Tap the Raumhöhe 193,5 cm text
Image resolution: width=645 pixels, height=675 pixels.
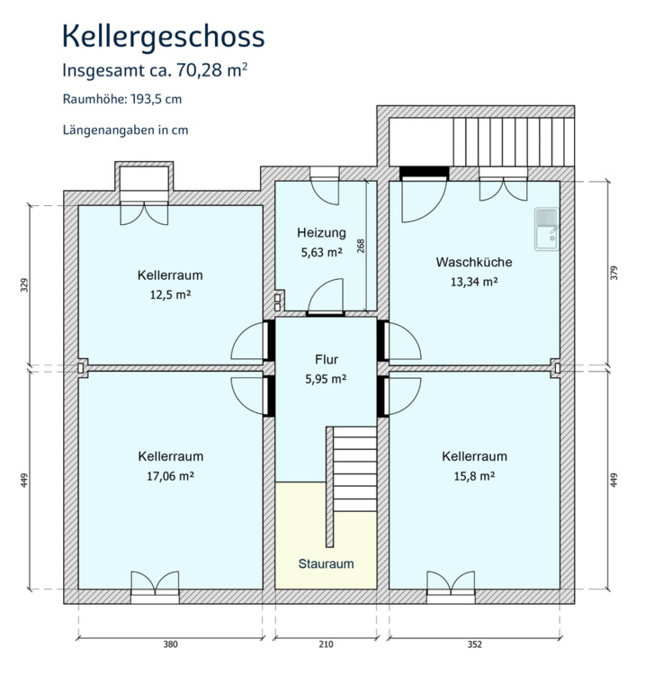coord(122,99)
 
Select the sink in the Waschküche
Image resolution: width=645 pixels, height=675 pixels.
coord(546,229)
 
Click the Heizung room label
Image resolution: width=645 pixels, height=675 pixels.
coord(321,233)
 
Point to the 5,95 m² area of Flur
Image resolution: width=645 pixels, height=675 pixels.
coord(327,379)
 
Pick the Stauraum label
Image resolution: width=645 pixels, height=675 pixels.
coord(327,563)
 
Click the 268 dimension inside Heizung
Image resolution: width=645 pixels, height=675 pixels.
coord(361,246)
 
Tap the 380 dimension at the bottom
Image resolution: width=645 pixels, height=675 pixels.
coord(170,644)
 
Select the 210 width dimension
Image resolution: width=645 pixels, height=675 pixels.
coord(327,644)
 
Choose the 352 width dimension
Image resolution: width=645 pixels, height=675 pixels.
coord(475,644)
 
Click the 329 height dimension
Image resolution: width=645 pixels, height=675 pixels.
coord(24,285)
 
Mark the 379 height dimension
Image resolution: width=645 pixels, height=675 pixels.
coord(614,274)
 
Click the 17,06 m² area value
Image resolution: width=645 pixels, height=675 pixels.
coord(170,476)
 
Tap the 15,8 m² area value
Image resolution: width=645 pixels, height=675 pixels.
coord(474,476)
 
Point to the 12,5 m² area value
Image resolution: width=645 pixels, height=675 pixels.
coord(170,295)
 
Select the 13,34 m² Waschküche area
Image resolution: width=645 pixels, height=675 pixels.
coord(474,282)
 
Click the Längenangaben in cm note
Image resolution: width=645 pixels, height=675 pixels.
coord(126,130)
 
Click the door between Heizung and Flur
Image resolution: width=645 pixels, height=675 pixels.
coord(326,296)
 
